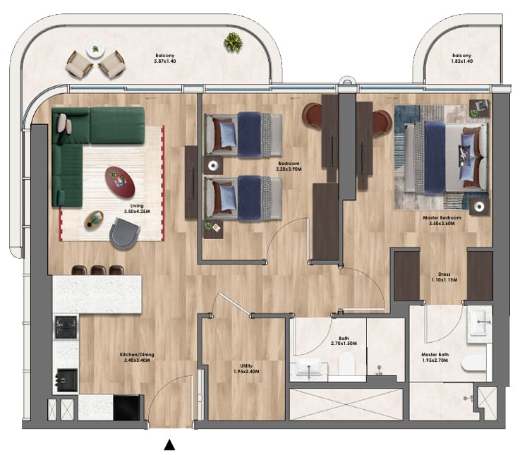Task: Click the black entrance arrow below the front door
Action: (169, 444)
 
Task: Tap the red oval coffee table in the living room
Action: (120, 182)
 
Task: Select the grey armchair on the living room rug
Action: (124, 233)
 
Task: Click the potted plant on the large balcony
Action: (233, 42)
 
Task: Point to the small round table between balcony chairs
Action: (95, 49)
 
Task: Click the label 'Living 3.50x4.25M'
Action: (137, 209)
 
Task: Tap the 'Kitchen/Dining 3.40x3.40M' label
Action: (137, 358)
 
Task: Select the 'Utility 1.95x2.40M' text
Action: (246, 369)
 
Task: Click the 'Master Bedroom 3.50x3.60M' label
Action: (442, 221)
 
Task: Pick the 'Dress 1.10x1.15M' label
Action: (445, 277)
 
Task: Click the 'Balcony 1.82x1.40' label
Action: (461, 59)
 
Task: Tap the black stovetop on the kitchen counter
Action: (66, 327)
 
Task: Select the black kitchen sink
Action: (67, 380)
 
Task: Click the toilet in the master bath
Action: (473, 363)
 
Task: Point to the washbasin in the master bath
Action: (479, 324)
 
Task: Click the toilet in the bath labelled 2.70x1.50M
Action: (347, 363)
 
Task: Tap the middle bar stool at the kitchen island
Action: (98, 270)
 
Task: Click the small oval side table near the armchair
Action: (94, 220)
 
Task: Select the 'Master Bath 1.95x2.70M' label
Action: (435, 357)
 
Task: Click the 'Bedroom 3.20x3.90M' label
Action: (289, 166)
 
